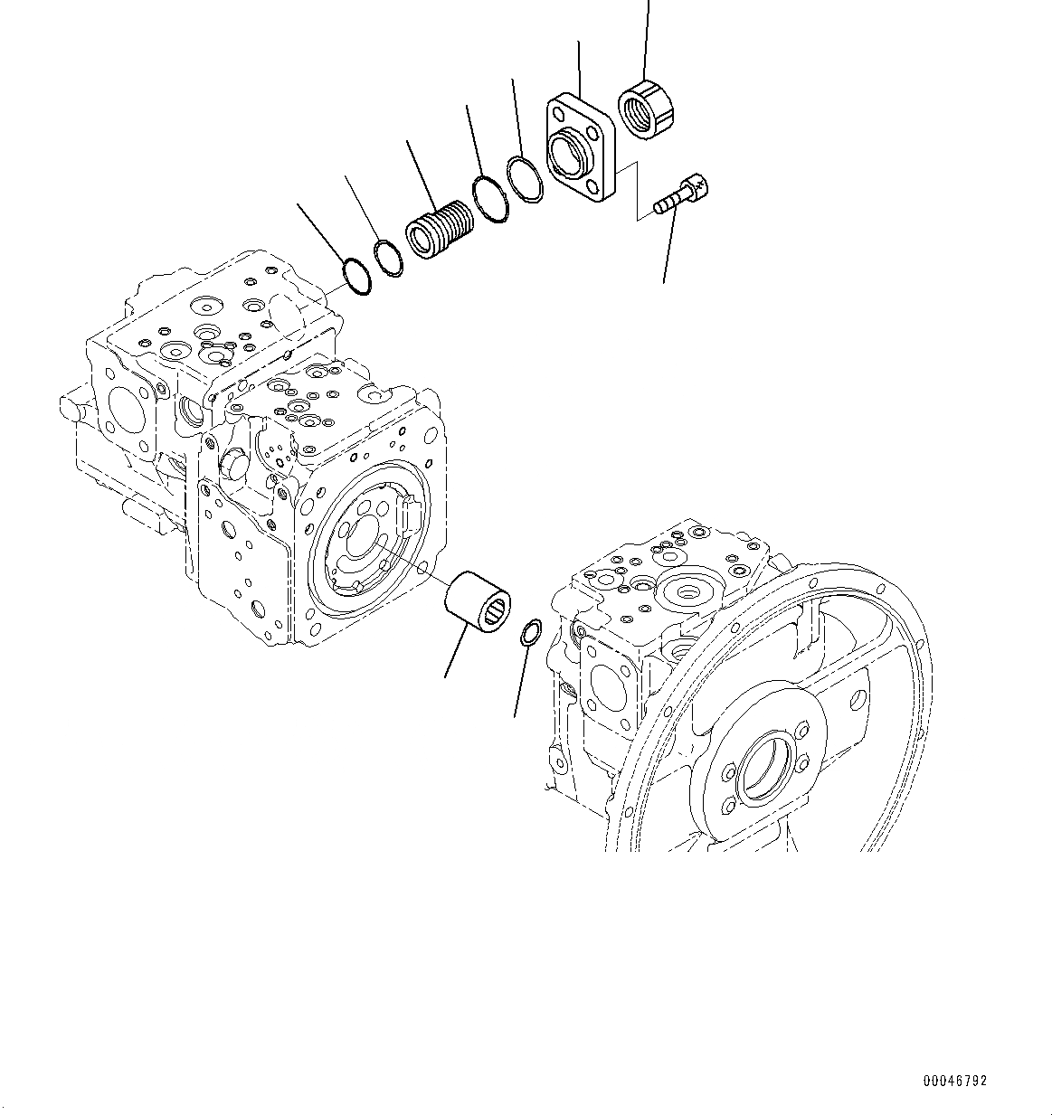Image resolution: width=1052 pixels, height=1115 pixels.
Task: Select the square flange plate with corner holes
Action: (x=580, y=146)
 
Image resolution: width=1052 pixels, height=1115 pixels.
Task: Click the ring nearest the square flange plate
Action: (x=524, y=178)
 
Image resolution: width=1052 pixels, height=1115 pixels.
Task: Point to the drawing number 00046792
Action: (x=955, y=1081)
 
